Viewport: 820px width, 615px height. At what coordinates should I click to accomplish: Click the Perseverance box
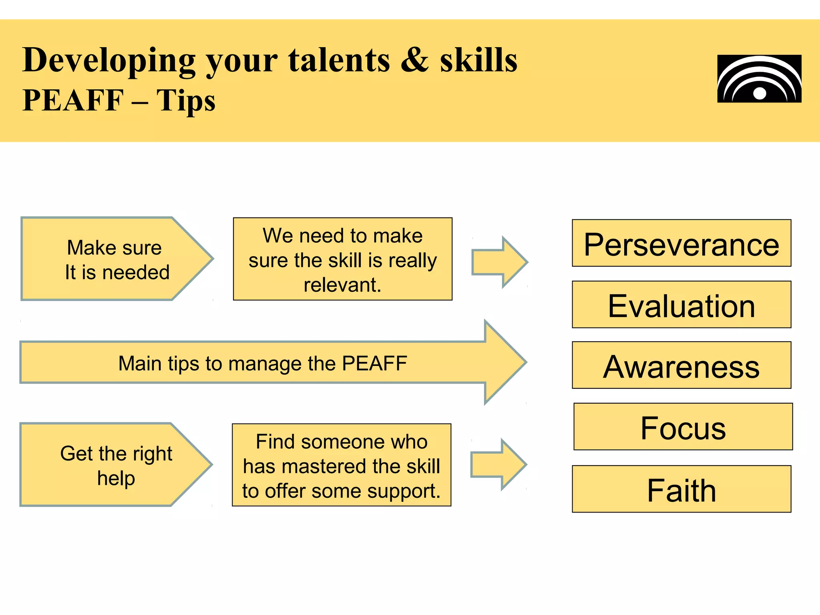[681, 243]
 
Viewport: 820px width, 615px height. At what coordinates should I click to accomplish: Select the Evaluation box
[681, 305]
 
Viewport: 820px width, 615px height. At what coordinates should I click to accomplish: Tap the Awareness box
[681, 366]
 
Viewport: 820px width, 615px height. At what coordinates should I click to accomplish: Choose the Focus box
[683, 427]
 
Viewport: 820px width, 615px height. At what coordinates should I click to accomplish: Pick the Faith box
[681, 489]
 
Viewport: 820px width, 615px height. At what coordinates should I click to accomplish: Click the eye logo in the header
[759, 79]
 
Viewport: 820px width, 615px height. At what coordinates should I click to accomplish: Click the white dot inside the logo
[760, 94]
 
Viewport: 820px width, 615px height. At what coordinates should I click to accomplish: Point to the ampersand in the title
[415, 60]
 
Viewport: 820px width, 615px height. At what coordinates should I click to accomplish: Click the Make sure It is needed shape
[116, 259]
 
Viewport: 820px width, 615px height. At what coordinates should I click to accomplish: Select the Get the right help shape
[115, 465]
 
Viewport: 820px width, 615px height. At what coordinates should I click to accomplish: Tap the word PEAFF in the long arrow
[374, 364]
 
